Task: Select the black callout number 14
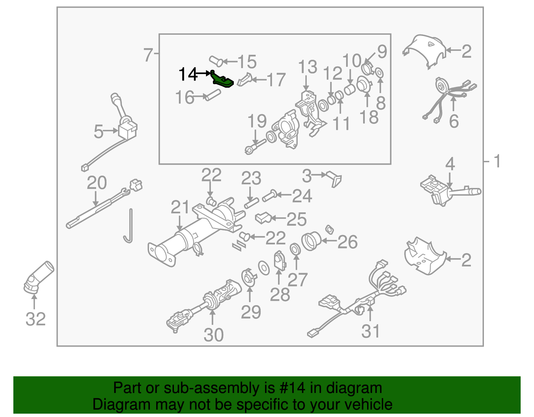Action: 188,74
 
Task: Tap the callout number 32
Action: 35,319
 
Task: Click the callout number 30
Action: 214,335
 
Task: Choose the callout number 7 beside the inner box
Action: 148,55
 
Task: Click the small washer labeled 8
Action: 379,73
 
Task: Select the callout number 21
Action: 180,207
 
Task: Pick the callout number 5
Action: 98,132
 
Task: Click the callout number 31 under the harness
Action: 370,332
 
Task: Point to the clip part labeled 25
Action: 263,218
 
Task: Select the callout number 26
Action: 347,242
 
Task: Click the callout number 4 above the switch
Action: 450,164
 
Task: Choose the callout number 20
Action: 97,183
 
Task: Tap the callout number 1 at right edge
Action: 497,161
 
